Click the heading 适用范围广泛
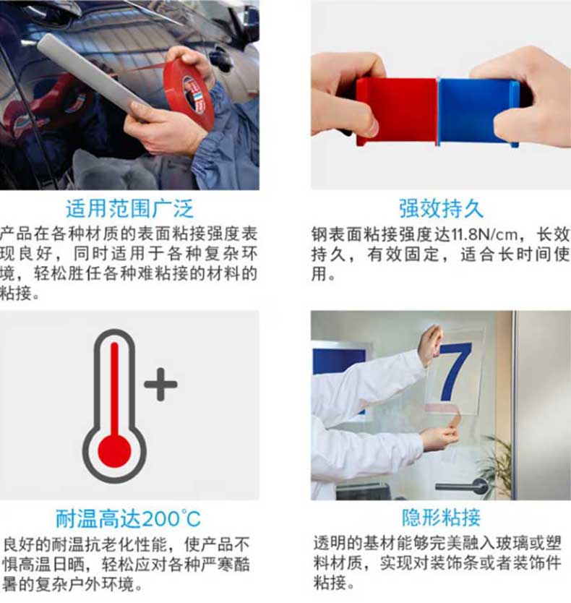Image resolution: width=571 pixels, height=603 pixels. tap(129, 209)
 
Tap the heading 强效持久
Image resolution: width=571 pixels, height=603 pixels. tap(441, 209)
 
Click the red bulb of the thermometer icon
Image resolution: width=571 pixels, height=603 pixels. tap(114, 450)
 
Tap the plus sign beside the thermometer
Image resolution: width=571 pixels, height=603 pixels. tap(160, 384)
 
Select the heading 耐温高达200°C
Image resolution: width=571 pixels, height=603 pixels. tap(128, 518)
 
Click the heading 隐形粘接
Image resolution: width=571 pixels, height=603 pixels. tap(441, 517)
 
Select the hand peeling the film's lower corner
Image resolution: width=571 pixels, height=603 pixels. tap(442, 432)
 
